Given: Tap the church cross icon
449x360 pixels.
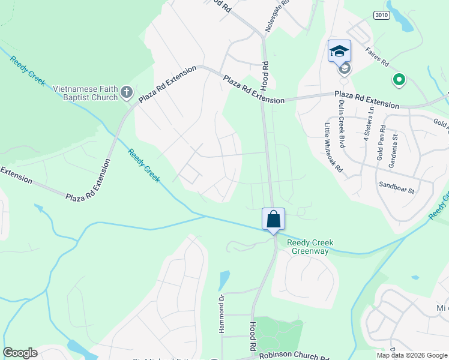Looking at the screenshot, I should (126, 92).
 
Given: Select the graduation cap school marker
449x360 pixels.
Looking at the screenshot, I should (339, 51).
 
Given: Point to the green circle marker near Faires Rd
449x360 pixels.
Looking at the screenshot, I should (397, 79).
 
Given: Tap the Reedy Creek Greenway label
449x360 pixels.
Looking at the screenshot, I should (310, 247).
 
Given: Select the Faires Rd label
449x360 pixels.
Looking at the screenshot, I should (376, 56).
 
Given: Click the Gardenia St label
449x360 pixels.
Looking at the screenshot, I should (395, 146).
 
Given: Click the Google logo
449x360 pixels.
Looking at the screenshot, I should (20, 353).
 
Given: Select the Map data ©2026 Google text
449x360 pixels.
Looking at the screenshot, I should (411, 355).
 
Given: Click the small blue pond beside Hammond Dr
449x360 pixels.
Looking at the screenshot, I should (224, 279).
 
